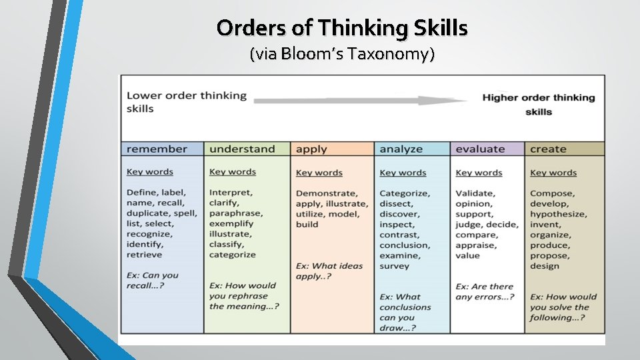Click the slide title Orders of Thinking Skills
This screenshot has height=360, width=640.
coord(342,28)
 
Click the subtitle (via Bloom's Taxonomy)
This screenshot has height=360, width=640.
coord(342,54)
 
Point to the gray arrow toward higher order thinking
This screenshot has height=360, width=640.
coord(361,101)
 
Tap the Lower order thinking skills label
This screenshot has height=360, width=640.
coord(187,101)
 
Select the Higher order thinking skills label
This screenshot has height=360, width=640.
coord(538,104)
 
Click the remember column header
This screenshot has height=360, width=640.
coord(157,149)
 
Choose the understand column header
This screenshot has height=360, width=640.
coord(241,149)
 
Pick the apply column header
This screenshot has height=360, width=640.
coord(311,149)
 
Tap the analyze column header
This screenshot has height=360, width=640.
coord(401,149)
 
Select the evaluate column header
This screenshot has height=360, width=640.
coord(480,149)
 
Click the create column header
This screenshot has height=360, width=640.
coord(548,149)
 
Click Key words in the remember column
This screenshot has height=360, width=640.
coord(149,171)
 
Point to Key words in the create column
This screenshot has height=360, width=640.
coord(553,173)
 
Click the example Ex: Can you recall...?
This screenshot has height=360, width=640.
coord(153,280)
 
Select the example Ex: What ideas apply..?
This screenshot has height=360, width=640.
coord(329,271)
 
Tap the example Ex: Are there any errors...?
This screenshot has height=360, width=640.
coord(485,291)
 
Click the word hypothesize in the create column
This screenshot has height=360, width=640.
coord(558,214)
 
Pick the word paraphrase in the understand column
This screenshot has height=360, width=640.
coord(236,213)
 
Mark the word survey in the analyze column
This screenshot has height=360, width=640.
coord(395,266)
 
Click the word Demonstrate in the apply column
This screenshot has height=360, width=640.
coord(325,193)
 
